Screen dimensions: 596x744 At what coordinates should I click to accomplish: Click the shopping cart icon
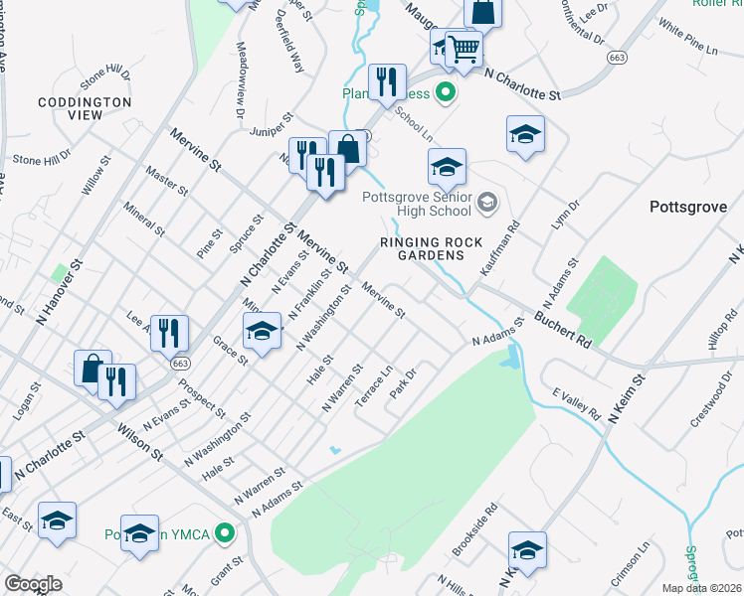[x=464, y=47]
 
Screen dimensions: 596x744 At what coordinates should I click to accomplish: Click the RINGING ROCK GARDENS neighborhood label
[x=433, y=248]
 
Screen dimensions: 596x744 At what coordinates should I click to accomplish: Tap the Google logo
[x=33, y=584]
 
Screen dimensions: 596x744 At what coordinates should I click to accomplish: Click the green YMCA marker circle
[x=227, y=534]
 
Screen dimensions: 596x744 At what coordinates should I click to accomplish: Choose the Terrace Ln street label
[x=373, y=382]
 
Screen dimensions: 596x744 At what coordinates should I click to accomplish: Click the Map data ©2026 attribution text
[x=702, y=588]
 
